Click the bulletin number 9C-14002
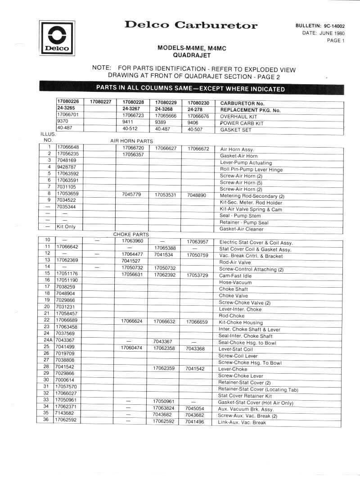tap(333, 27)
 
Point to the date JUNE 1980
tap(330, 33)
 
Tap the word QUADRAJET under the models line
tap(192, 55)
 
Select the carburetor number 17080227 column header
tap(101, 102)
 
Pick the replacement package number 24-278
tap(194, 109)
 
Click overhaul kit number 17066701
tap(68, 116)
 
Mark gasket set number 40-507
tap(195, 130)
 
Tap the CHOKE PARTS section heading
tap(131, 235)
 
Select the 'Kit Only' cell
tap(66, 227)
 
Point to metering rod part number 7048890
tap(197, 195)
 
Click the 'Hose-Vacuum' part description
tap(235, 282)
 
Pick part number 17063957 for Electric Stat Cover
tap(198, 241)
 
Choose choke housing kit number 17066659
tap(197, 322)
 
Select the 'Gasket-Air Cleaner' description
tap(242, 229)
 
